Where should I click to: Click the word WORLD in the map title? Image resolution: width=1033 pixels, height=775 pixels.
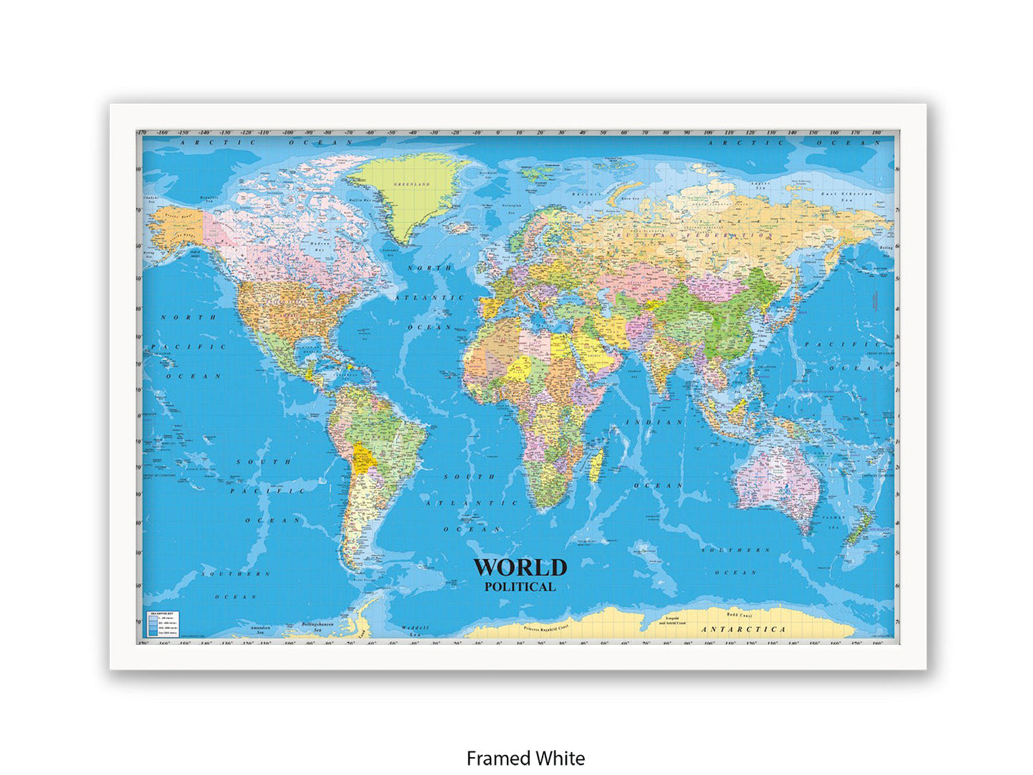pos(520,568)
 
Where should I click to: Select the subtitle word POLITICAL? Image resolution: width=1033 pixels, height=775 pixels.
pos(520,587)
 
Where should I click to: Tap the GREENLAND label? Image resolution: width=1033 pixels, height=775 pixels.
pos(412,184)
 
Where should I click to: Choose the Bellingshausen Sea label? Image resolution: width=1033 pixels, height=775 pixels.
pos(317,626)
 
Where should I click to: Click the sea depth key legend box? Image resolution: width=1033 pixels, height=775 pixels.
pos(162,624)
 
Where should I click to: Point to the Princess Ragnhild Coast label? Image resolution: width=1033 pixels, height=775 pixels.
pos(546,628)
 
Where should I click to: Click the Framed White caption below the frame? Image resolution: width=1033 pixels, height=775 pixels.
pos(525,758)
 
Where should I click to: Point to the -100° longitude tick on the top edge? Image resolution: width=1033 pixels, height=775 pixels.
pos(288,133)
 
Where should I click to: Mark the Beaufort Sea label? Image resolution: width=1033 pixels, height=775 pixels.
pos(209,198)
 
